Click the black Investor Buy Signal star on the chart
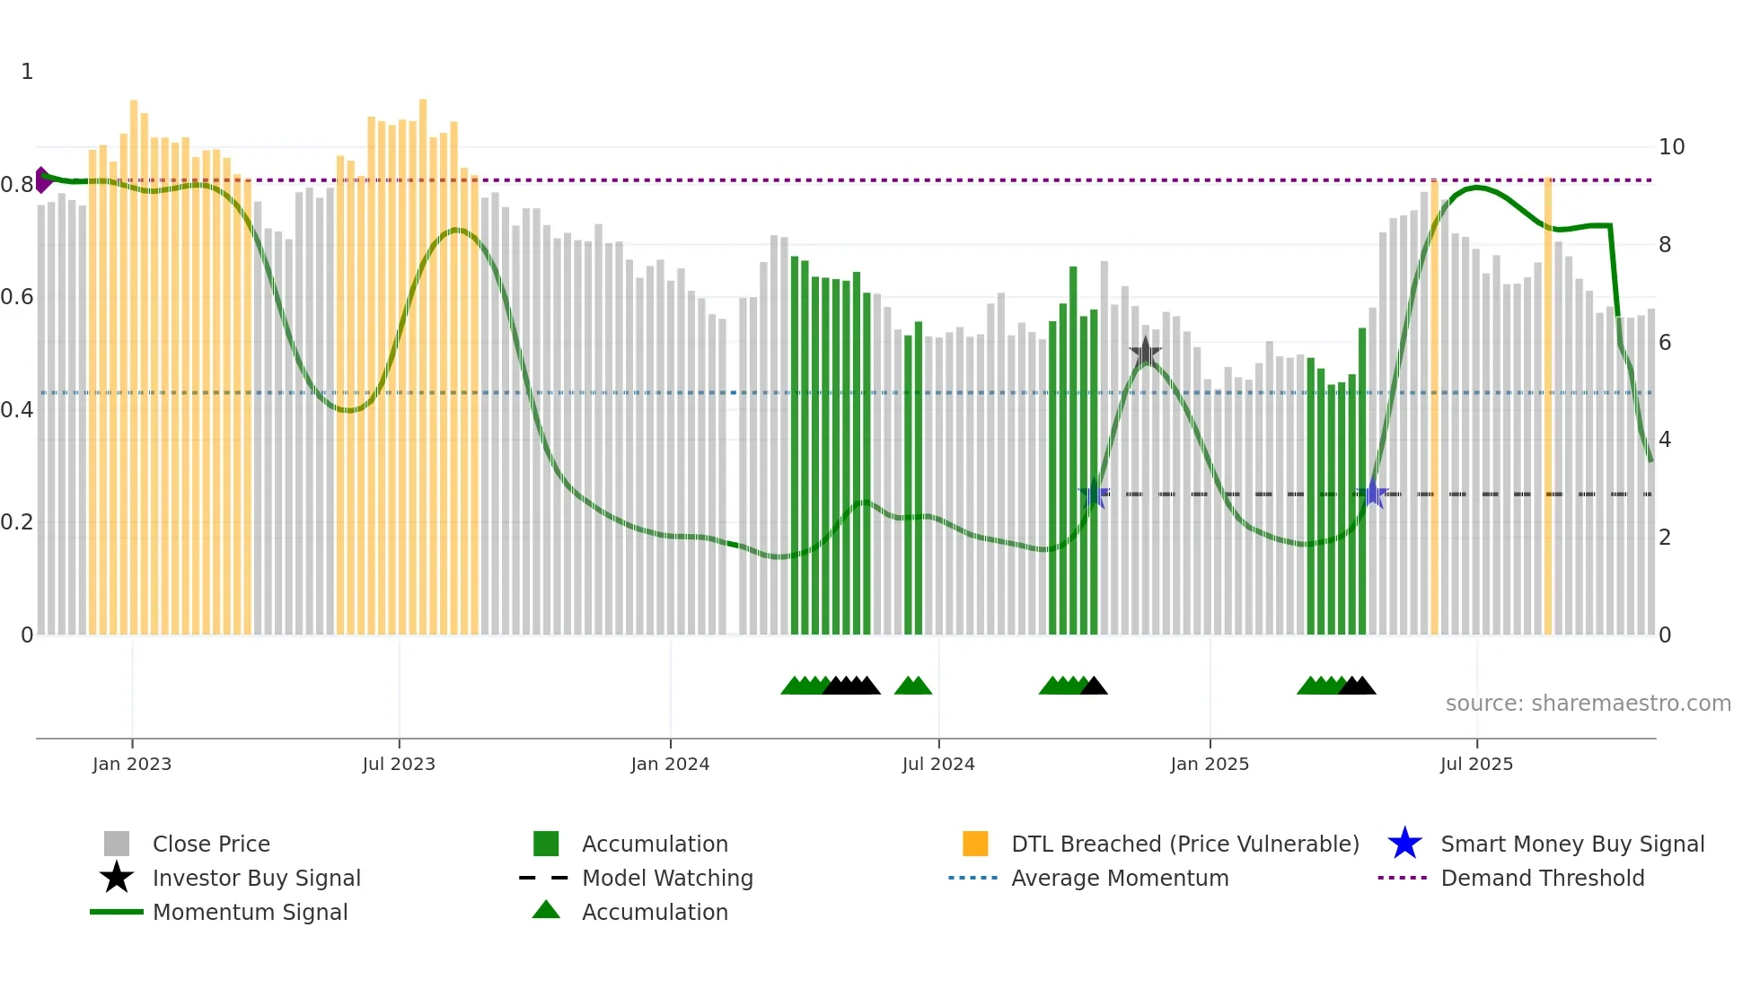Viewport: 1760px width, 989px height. tap(1145, 353)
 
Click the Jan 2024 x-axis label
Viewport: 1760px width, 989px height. tap(670, 764)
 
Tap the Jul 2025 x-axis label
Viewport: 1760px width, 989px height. tap(1476, 764)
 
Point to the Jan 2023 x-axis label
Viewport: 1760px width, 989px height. tap(132, 764)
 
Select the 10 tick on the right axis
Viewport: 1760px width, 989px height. tap(1671, 147)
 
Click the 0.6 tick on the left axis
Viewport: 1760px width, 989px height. tap(17, 297)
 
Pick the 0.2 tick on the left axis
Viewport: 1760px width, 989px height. tap(17, 522)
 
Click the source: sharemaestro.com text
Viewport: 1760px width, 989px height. tap(1588, 704)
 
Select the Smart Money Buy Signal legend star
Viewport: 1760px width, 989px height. tap(1404, 844)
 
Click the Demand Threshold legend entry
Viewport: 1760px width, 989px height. tap(1542, 878)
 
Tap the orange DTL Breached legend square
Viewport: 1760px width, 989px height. tap(975, 844)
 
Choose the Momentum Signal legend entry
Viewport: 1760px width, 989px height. tap(250, 912)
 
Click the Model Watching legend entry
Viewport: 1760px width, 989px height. tap(666, 878)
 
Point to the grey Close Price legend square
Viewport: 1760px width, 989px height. tap(117, 844)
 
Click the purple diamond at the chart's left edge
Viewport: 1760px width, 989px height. tap(42, 179)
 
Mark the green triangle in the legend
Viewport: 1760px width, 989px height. tap(546, 910)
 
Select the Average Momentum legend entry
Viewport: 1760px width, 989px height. tap(1119, 878)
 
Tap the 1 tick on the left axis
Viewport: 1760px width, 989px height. tap(27, 72)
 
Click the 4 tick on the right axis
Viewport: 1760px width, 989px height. tap(1665, 440)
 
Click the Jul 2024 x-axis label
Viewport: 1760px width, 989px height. tap(938, 764)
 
